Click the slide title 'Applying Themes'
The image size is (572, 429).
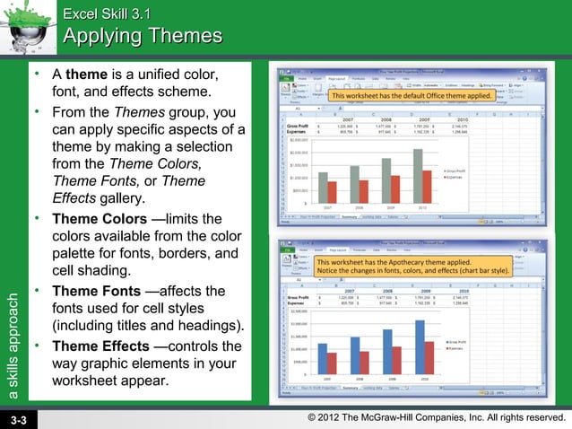(143, 36)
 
